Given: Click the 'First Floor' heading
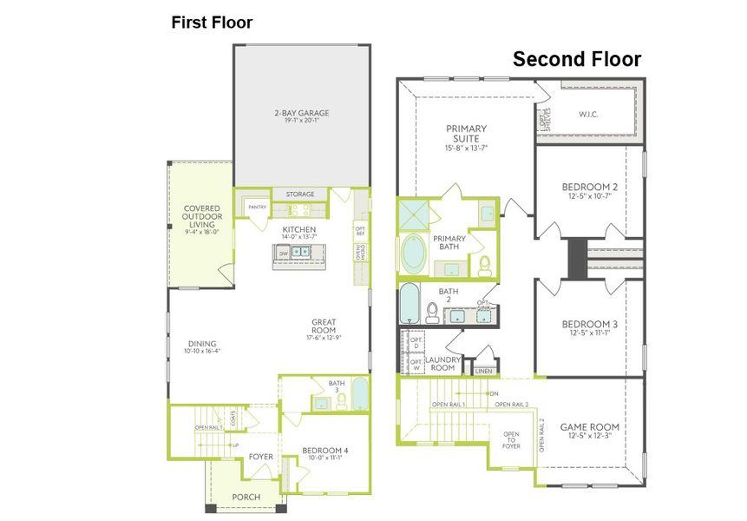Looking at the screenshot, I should click(212, 23).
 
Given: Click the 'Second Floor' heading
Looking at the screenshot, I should click(576, 59).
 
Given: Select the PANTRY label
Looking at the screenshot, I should click(257, 207).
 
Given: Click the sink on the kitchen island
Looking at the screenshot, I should click(300, 252).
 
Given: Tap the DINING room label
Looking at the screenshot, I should click(201, 344).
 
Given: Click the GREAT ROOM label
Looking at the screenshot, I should click(324, 326).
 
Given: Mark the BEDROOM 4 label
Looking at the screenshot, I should click(324, 450).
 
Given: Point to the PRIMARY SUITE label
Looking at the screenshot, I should click(466, 134).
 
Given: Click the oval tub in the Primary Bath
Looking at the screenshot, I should click(414, 254).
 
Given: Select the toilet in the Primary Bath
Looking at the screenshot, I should click(485, 265).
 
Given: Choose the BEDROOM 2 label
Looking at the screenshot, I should click(590, 188).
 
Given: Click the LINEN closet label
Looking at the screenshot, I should click(482, 371).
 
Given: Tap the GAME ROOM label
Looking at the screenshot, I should click(590, 426).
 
